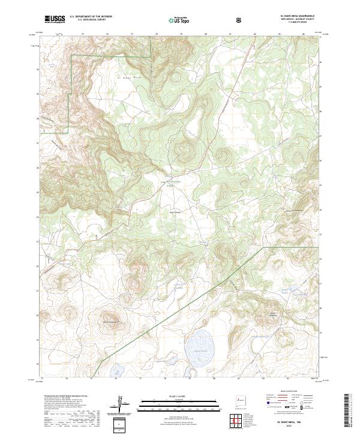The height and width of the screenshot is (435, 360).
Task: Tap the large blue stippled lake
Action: (x=197, y=347)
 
